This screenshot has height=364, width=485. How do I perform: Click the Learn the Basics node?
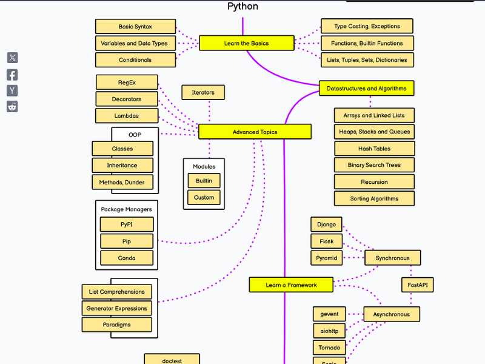point(246,43)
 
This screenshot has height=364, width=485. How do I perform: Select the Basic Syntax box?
point(135,27)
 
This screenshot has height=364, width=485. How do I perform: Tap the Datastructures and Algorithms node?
point(366,89)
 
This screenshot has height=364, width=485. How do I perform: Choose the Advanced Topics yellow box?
point(255,132)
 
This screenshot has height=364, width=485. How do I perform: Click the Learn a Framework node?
point(291,285)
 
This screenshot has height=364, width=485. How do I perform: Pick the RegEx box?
point(127,83)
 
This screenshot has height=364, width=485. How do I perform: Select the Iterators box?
point(203,92)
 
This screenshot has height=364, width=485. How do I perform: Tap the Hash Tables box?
point(374,149)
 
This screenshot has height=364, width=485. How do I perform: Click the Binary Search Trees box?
point(374,165)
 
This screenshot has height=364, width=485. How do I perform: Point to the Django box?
point(326,224)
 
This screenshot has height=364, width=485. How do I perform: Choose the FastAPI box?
point(418,285)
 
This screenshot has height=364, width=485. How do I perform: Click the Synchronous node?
point(392,258)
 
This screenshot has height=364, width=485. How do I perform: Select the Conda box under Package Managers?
point(127,258)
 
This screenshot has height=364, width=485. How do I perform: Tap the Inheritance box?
point(122,165)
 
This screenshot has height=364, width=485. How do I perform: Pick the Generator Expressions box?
point(116,308)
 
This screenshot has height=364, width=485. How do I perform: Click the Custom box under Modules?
point(204,197)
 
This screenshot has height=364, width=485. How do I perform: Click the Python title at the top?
point(242,7)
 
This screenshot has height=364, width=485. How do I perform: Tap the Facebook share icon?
point(12,75)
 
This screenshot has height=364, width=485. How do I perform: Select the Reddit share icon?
point(12,107)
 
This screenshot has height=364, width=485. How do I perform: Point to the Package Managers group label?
point(126,209)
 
